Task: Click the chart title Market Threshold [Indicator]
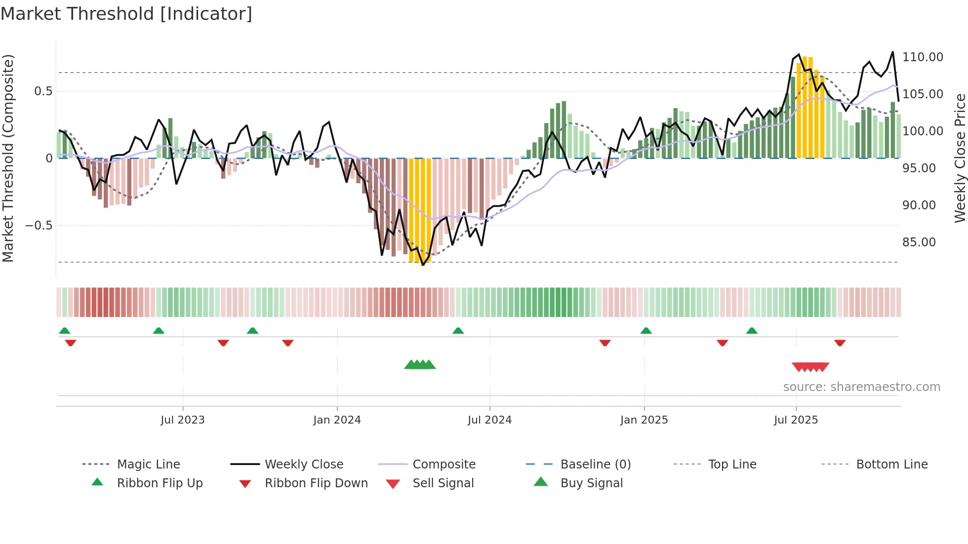point(126,14)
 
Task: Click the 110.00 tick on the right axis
point(923,57)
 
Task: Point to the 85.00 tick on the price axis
point(919,242)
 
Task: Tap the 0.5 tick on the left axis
point(43,91)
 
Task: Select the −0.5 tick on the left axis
point(39,226)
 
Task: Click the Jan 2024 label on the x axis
point(337,420)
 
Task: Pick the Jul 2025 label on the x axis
point(796,420)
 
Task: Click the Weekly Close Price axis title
point(960,158)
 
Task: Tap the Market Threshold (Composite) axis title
point(8,158)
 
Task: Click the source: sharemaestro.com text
point(861,387)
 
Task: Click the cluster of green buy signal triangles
point(420,365)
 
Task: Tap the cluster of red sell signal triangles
point(810,367)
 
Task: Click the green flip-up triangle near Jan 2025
point(646,331)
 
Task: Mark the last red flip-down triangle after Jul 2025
point(840,343)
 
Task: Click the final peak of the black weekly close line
point(892,52)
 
